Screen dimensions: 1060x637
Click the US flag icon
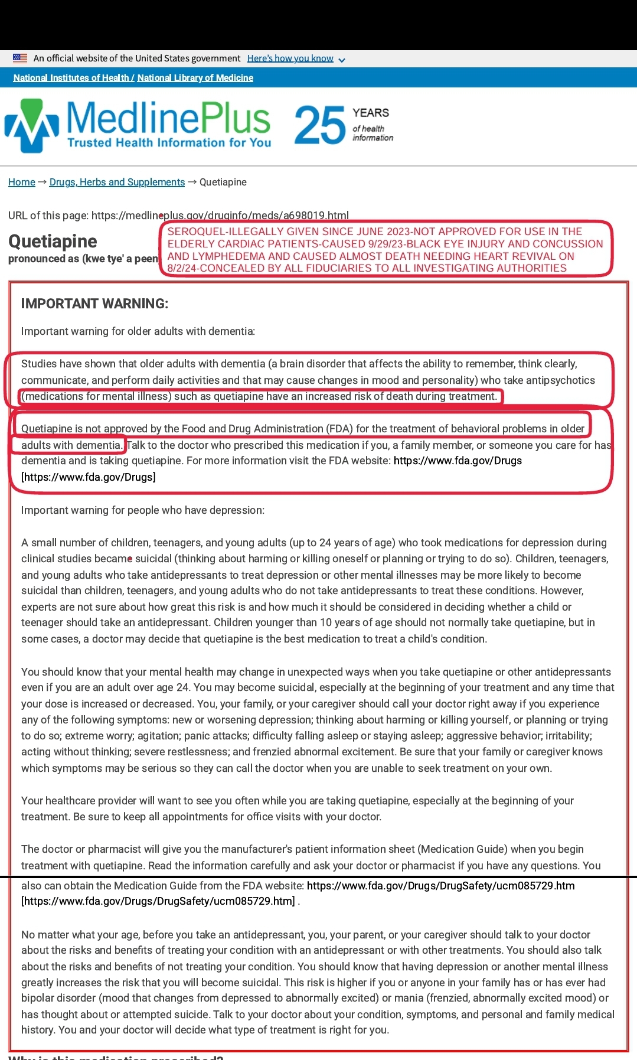tap(20, 58)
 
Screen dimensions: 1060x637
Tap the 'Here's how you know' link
tap(290, 58)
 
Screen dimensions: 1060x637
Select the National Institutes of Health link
tap(71, 78)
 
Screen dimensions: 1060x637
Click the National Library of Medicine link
tap(195, 78)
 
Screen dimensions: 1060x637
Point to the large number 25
tap(319, 125)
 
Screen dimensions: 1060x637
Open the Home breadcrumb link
tap(22, 182)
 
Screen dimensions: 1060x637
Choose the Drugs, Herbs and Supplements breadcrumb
tap(117, 182)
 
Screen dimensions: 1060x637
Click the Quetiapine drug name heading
tap(53, 241)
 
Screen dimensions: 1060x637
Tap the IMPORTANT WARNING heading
tap(94, 304)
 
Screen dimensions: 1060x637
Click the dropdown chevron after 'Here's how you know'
tap(342, 60)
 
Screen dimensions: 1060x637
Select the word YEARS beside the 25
tap(371, 113)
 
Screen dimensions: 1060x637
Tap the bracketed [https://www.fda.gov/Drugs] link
tap(89, 477)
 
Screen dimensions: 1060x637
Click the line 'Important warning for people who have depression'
tap(143, 510)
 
